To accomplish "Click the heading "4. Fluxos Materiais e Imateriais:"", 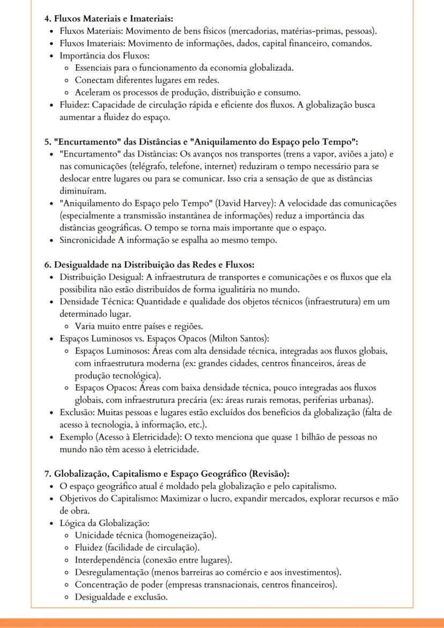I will pyautogui.click(x=108, y=19).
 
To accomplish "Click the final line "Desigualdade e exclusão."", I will pyautogui.click(x=121, y=596).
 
